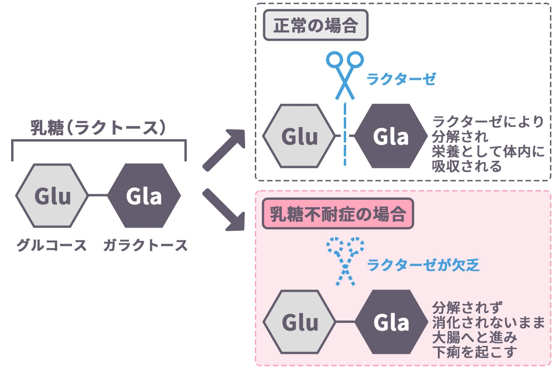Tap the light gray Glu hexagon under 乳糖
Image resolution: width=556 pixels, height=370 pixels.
[x=52, y=196]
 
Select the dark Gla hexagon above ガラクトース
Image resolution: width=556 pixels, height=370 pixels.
[x=144, y=196]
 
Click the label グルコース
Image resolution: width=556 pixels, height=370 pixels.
[x=51, y=245]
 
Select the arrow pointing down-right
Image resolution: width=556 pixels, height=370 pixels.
[x=224, y=211]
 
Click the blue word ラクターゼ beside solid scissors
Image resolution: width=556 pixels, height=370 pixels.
[x=401, y=79]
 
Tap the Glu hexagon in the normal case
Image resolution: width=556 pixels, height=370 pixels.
[x=299, y=136]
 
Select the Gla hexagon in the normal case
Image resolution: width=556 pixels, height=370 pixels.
[x=391, y=136]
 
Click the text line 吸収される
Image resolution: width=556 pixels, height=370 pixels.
[x=467, y=166]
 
